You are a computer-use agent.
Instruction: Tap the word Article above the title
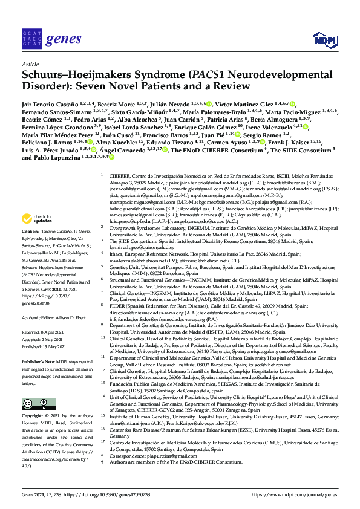pos(30,64)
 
